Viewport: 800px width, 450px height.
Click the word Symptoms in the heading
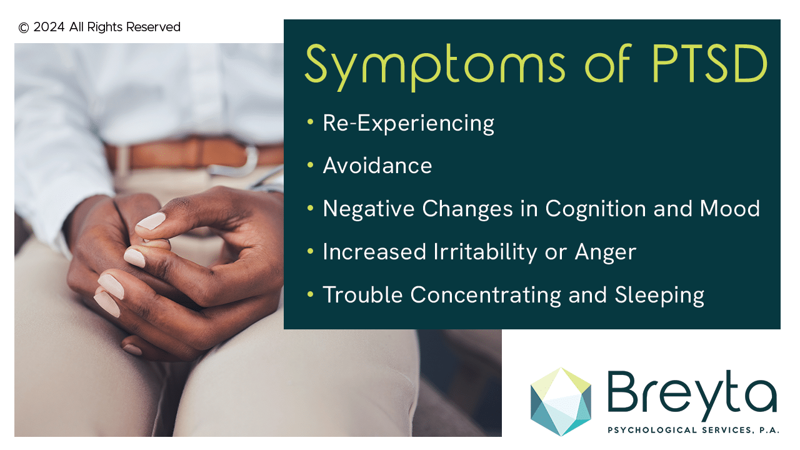point(435,66)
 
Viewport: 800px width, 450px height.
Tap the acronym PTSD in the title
point(709,64)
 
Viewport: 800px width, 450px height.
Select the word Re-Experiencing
point(409,124)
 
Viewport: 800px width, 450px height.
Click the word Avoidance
point(377,166)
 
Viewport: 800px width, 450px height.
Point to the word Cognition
point(596,209)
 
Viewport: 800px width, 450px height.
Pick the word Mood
point(729,208)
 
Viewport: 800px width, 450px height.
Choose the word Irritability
point(485,252)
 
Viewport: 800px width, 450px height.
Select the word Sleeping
point(659,296)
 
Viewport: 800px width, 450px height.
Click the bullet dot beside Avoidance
point(310,165)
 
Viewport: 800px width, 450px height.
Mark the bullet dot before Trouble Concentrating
point(310,294)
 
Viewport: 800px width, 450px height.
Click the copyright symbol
point(24,27)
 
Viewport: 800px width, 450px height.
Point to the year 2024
point(49,27)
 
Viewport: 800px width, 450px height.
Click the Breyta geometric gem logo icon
point(561,402)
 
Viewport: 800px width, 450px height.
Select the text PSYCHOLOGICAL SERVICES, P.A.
point(694,430)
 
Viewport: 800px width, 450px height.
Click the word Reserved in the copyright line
point(153,27)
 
